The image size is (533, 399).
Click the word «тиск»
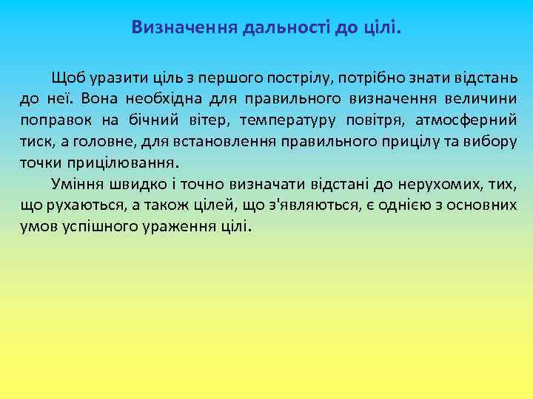[34, 140]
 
